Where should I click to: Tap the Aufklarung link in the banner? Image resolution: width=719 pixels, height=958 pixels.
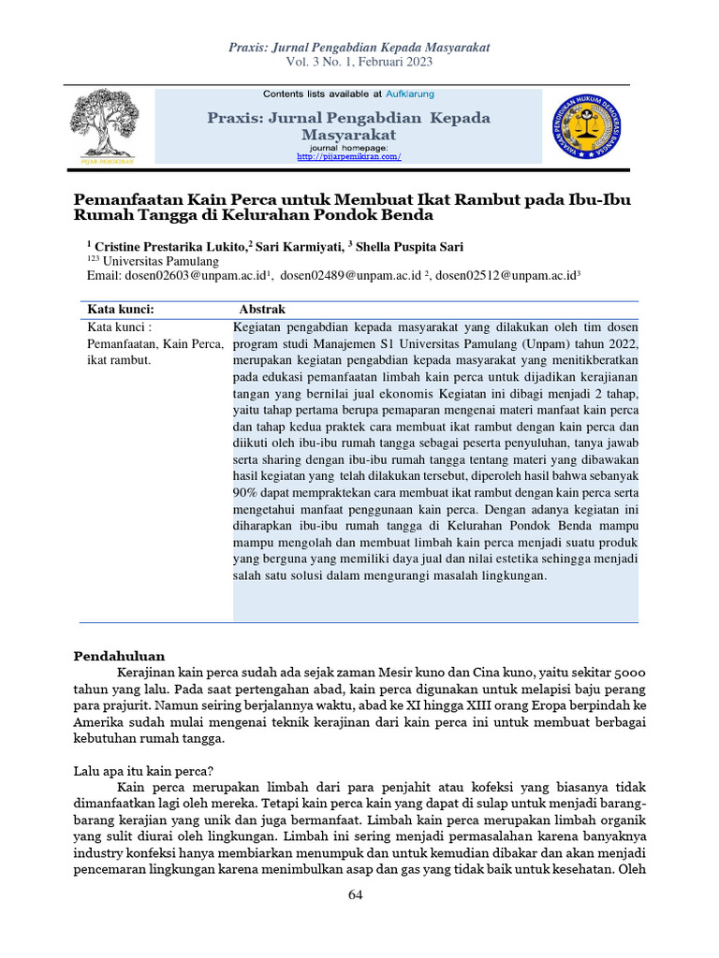click(x=409, y=94)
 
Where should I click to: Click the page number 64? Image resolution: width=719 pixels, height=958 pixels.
click(x=355, y=895)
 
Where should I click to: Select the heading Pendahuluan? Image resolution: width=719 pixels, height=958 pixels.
click(x=119, y=655)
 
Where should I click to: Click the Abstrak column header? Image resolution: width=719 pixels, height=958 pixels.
click(x=262, y=310)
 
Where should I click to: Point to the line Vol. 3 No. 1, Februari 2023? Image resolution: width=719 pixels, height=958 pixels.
click(x=359, y=62)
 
